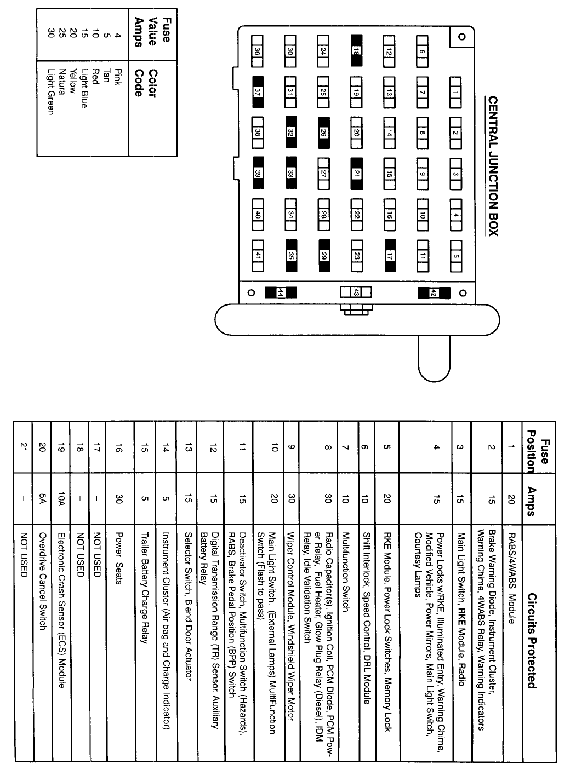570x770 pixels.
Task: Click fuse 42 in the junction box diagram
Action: pos(433,293)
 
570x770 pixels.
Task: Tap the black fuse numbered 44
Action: pos(280,293)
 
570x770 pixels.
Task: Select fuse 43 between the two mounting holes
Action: pos(356,292)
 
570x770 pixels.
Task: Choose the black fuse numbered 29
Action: pos(323,256)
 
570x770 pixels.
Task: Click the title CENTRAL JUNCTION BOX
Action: pos(493,166)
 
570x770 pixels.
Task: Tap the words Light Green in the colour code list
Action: pos(50,91)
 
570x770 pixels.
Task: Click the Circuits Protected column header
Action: pos(531,641)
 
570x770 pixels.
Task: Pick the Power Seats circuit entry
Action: pos(119,558)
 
